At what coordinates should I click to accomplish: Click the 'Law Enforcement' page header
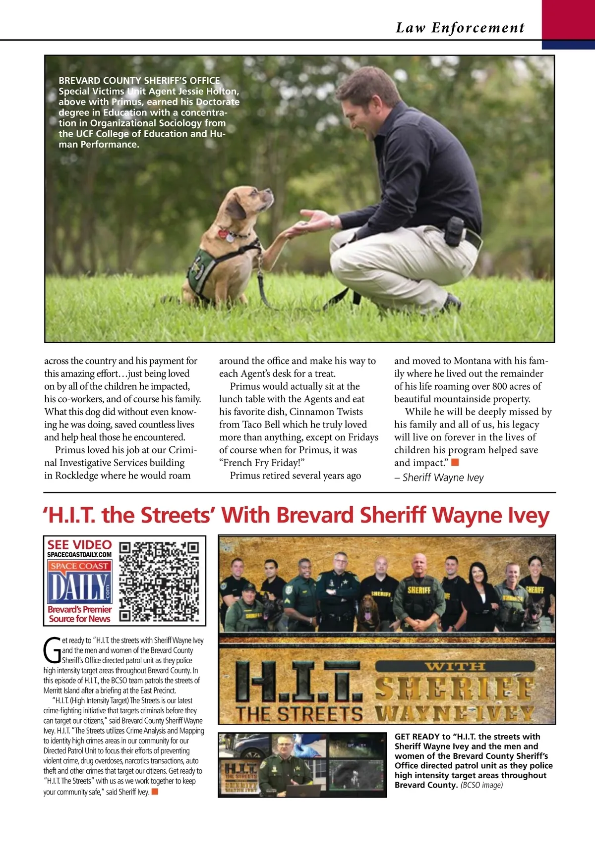coord(460,28)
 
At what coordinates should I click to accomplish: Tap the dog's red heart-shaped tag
coord(224,233)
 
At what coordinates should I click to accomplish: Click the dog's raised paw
coord(292,229)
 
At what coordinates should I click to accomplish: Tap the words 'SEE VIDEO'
coord(79,544)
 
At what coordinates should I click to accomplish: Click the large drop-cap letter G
coord(52,650)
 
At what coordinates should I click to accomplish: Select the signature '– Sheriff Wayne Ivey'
coord(439,478)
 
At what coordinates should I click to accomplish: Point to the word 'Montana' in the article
coord(476,361)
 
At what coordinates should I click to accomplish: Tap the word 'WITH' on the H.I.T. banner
coord(455,666)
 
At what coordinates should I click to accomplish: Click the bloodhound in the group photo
coord(368,613)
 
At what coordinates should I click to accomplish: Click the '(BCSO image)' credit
coord(481,785)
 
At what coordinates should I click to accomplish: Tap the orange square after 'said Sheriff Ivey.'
coord(155,792)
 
